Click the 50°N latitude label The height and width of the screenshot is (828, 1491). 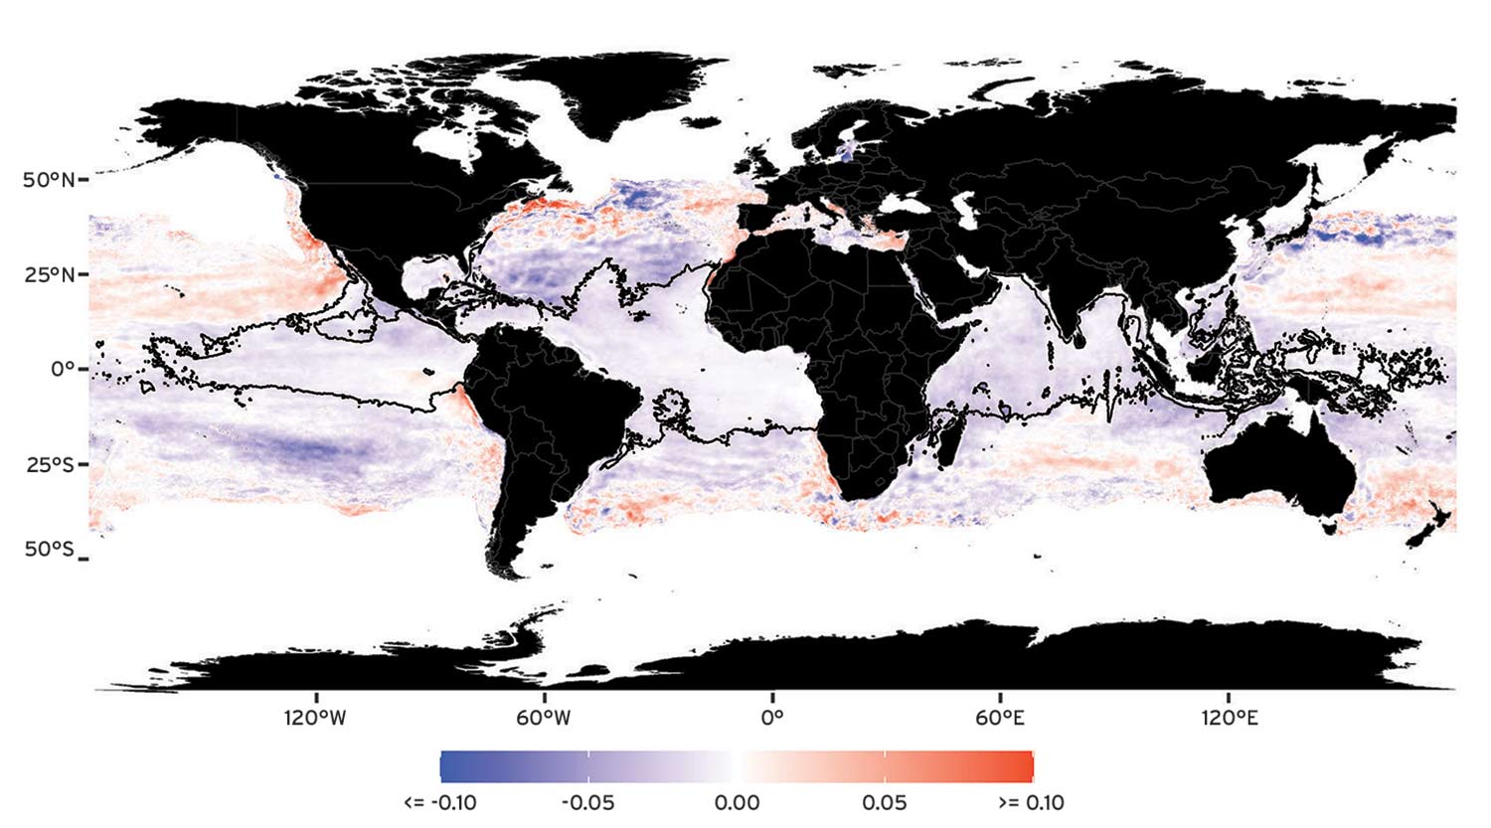pos(48,180)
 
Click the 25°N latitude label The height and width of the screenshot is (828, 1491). pos(48,273)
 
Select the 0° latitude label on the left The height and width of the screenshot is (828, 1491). pos(63,369)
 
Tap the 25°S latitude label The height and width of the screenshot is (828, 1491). pos(49,463)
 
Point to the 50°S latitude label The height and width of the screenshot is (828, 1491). pos(49,550)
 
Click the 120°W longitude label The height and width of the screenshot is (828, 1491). pos(316,717)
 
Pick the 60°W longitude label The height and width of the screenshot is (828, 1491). pos(544,717)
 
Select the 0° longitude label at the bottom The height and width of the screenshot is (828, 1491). pos(772,717)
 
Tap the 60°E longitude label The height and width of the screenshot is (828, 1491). pos(999,717)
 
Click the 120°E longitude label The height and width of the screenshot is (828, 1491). pos(1230,717)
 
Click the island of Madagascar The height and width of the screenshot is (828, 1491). pos(948,441)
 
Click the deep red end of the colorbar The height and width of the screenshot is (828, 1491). pos(1024,766)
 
